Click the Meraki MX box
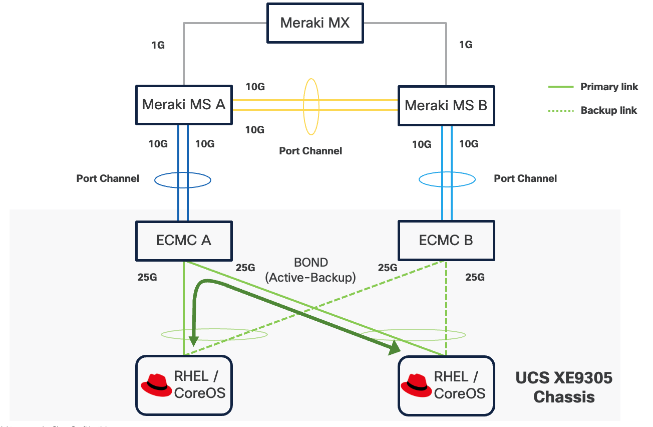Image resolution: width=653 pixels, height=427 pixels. pyautogui.click(x=315, y=23)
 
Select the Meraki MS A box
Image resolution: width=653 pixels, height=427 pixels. pyautogui.click(x=184, y=104)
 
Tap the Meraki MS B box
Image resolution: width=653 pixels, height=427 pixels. pyautogui.click(x=446, y=105)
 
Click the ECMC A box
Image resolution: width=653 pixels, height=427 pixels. pyautogui.click(x=184, y=241)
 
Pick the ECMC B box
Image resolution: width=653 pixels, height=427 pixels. pyautogui.click(x=446, y=241)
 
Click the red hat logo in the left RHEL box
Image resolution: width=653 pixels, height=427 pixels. pyautogui.click(x=156, y=384)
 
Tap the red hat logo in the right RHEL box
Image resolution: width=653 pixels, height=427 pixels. pyautogui.click(x=417, y=384)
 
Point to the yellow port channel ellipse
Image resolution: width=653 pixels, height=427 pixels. pyautogui.click(x=311, y=106)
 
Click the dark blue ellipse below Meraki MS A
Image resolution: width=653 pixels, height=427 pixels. pyautogui.click(x=182, y=179)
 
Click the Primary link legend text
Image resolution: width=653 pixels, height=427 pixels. pyautogui.click(x=609, y=87)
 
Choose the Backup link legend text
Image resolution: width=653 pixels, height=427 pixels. pyautogui.click(x=608, y=110)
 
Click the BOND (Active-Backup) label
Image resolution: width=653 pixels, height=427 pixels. pyautogui.click(x=311, y=270)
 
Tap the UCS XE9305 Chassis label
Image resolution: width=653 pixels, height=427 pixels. pyautogui.click(x=564, y=387)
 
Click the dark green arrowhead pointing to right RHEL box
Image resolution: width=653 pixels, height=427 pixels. pyautogui.click(x=395, y=348)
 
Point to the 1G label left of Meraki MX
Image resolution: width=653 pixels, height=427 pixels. pyautogui.click(x=158, y=45)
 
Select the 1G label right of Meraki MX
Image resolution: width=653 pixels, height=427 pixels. pyautogui.click(x=466, y=45)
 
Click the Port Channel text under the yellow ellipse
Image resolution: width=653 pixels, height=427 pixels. pyautogui.click(x=310, y=151)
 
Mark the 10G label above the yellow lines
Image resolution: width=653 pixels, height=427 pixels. pyautogui.click(x=255, y=87)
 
